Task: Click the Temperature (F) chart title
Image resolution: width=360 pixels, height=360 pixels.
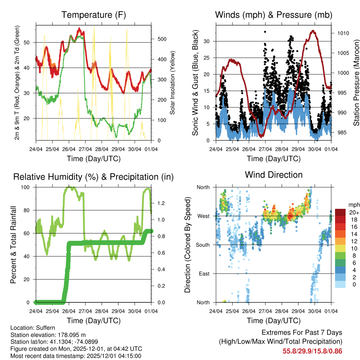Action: (93, 15)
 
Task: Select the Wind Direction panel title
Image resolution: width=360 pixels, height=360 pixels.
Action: (274, 175)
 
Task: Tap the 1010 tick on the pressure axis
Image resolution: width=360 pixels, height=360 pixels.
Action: (341, 33)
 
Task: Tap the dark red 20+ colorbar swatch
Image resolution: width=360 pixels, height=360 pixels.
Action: (341, 212)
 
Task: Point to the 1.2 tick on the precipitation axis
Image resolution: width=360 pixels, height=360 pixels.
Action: (162, 203)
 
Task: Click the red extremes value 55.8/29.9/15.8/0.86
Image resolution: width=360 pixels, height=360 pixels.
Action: (312, 351)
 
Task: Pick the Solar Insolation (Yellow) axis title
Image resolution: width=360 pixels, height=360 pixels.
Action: (173, 83)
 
